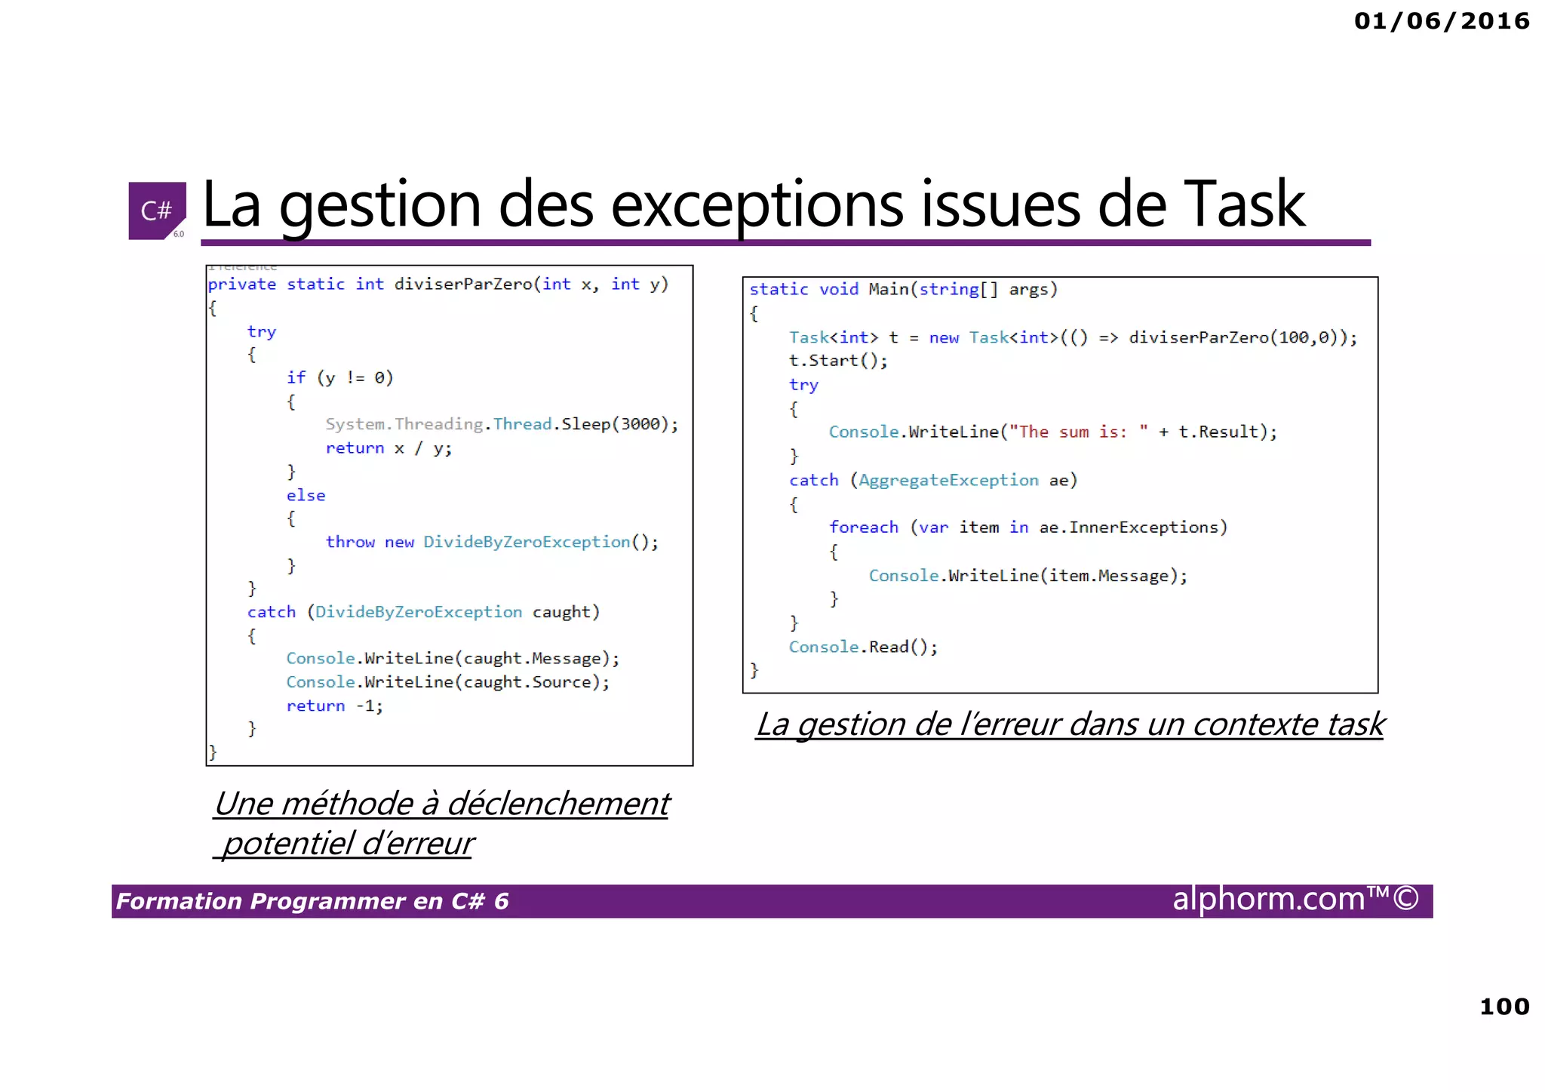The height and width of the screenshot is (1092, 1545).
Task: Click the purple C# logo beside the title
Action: (156, 211)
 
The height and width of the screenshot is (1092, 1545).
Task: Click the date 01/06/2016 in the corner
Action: (1441, 21)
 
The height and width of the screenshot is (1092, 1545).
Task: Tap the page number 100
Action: (1504, 1006)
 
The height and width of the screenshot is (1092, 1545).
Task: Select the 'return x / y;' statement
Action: (389, 448)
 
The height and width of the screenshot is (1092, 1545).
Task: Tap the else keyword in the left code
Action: (306, 496)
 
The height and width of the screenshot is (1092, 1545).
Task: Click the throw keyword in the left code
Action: (350, 542)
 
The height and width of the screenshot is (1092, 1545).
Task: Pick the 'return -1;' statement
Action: (334, 706)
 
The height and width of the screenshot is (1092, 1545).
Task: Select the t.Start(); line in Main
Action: (837, 361)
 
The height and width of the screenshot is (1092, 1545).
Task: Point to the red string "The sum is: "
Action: (1079, 432)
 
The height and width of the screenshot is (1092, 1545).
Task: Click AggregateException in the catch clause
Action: (948, 480)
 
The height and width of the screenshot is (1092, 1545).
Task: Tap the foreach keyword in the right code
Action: (863, 528)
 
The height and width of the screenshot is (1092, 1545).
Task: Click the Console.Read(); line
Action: (863, 647)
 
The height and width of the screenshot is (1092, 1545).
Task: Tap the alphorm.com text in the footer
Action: (1267, 900)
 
